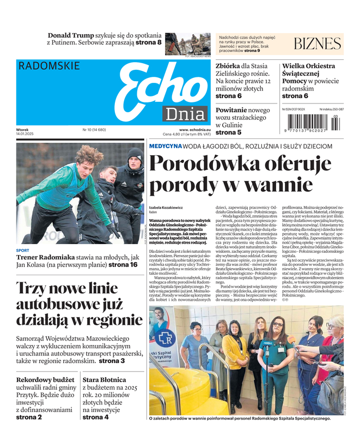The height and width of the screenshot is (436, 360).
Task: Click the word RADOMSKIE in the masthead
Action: coord(49,66)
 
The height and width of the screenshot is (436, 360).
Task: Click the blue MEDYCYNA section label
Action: coord(165,147)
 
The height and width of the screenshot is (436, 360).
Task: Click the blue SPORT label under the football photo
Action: coord(23,251)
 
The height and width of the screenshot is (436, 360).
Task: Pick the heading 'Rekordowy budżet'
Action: coord(45,379)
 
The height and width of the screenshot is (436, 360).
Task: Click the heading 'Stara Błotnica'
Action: coord(104,379)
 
